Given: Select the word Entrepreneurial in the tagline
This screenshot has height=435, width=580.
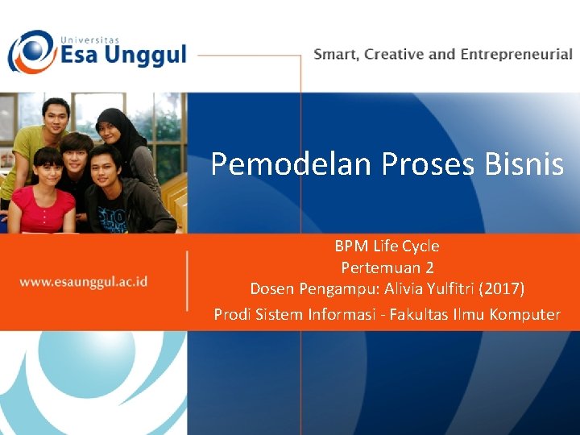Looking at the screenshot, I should [x=516, y=55].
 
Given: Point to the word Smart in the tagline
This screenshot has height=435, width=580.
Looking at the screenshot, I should [x=336, y=55].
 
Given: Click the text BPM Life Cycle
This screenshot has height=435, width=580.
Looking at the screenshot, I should [x=387, y=246].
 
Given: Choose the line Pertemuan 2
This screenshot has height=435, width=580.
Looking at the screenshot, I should [x=387, y=267].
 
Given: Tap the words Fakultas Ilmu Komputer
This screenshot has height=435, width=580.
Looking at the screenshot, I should [x=474, y=314].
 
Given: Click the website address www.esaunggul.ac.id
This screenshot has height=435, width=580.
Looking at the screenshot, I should [x=83, y=282].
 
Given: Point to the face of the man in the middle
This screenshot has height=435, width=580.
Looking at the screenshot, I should [x=77, y=153].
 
